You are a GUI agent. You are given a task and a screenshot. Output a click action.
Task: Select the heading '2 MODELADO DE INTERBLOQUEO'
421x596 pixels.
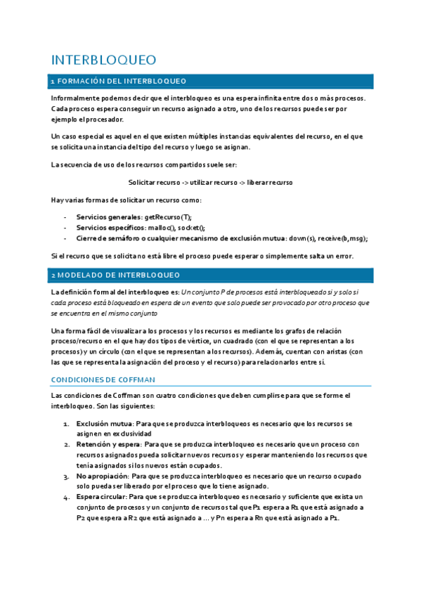pos(115,274)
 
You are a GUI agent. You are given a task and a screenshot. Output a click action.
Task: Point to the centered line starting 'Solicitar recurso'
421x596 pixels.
pos(210,182)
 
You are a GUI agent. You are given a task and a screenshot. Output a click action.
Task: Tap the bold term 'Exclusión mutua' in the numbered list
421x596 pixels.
pos(104,424)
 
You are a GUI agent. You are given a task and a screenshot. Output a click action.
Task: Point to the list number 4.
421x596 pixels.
pos(65,497)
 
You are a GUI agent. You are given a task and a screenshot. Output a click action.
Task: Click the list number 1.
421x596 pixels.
pos(65,424)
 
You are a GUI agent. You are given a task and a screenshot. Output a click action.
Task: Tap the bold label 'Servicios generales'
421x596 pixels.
pos(108,217)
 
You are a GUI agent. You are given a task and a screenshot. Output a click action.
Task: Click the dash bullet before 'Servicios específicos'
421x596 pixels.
pos(65,228)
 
